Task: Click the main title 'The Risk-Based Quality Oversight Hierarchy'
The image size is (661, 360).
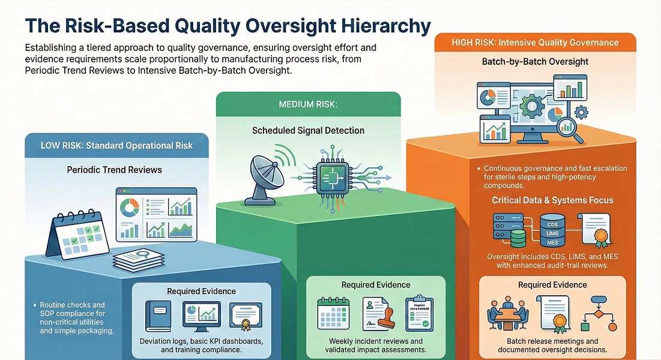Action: (x=228, y=26)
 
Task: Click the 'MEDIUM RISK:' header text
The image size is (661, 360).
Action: (x=308, y=104)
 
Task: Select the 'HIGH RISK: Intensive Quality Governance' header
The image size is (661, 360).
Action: (x=535, y=43)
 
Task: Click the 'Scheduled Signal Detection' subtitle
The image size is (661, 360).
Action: (x=308, y=130)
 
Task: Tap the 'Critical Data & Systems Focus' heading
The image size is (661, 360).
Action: (x=552, y=200)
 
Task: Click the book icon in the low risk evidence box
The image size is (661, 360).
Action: (x=161, y=317)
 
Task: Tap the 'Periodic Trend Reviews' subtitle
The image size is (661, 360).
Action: (x=114, y=170)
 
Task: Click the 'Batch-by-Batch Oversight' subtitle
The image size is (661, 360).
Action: (x=535, y=62)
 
